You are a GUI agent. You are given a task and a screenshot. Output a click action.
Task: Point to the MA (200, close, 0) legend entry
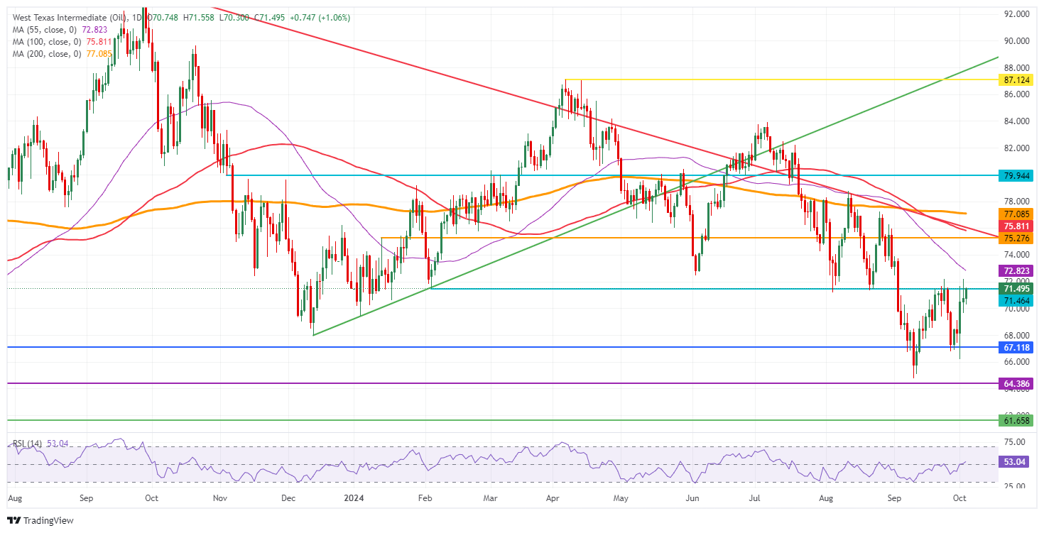point(44,53)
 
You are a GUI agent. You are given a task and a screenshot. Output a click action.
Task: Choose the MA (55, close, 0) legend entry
point(42,29)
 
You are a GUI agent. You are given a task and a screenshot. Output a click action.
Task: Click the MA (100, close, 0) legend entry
point(44,41)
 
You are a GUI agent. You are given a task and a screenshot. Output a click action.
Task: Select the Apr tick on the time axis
point(555,499)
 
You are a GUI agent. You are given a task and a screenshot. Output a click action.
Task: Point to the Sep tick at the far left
point(86,499)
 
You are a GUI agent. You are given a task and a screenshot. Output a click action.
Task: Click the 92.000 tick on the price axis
point(1014,14)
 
